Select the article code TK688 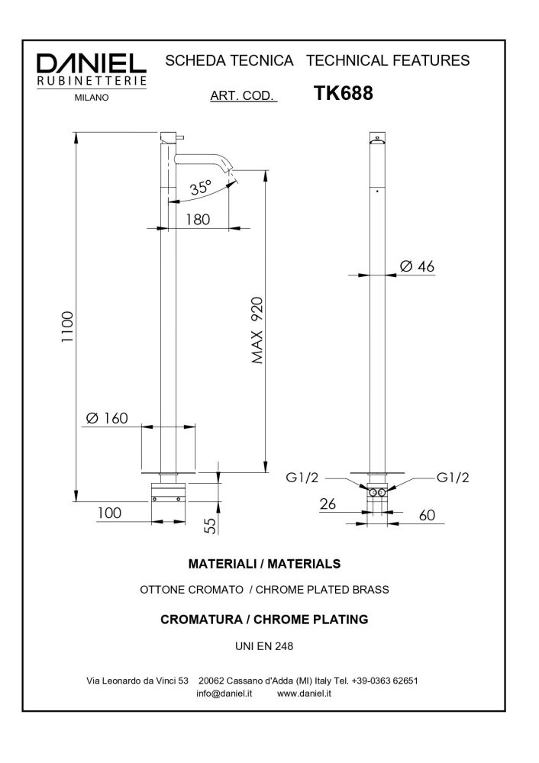pyautogui.click(x=343, y=93)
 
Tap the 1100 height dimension pyautogui.click(x=67, y=329)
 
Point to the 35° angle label pyautogui.click(x=201, y=187)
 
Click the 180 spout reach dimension pyautogui.click(x=198, y=219)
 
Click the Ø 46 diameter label pyautogui.click(x=417, y=266)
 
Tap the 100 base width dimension pyautogui.click(x=109, y=513)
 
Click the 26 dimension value pyautogui.click(x=328, y=504)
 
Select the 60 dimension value pyautogui.click(x=426, y=515)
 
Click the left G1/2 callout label pyautogui.click(x=303, y=478)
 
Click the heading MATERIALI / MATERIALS pyautogui.click(x=264, y=565)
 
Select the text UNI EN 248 pyautogui.click(x=264, y=645)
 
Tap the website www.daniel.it pyautogui.click(x=304, y=694)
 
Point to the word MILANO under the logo pyautogui.click(x=92, y=97)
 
